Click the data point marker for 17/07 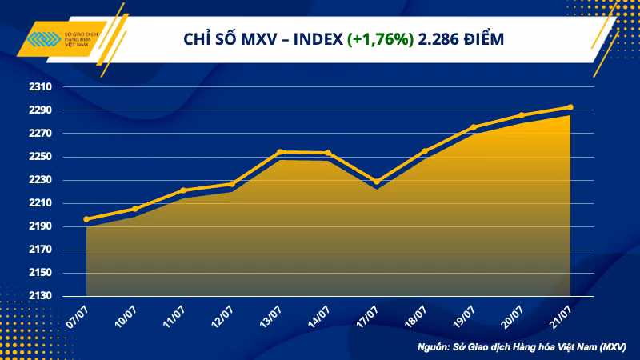point(377,182)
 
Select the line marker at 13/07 point(280,151)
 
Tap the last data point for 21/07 point(570,106)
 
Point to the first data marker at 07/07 point(86,219)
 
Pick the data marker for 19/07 point(474,127)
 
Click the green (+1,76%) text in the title point(380,38)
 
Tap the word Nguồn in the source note point(435,347)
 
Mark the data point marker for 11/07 point(183,190)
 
